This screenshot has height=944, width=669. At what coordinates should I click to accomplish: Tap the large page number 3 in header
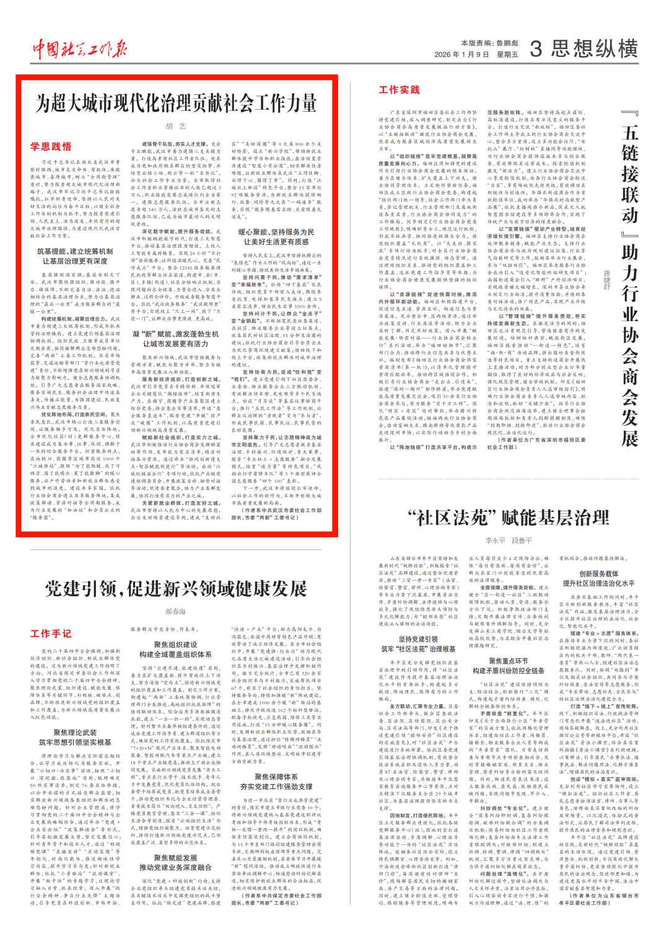[x=536, y=49]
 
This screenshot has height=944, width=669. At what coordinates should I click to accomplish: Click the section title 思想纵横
[x=594, y=49]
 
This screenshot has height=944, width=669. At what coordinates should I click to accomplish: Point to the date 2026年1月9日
[x=461, y=55]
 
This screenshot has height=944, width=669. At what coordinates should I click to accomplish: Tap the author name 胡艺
[x=176, y=126]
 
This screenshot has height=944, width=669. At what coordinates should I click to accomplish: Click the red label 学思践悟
[x=51, y=147]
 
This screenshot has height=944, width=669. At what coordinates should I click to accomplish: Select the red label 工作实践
[x=399, y=90]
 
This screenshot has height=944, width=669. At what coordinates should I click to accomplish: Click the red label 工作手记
[x=51, y=633]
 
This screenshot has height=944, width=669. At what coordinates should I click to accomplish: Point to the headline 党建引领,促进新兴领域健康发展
[x=176, y=588]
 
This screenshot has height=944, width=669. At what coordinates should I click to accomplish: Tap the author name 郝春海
[x=176, y=611]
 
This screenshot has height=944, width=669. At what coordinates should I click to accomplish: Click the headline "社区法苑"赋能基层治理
[x=508, y=518]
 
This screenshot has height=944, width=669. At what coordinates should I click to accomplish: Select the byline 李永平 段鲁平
[x=508, y=540]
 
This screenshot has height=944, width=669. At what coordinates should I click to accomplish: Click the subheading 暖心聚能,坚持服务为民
[x=276, y=232]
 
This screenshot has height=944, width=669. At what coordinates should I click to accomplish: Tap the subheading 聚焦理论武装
[x=75, y=732]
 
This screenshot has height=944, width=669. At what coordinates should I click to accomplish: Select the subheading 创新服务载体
[x=598, y=574]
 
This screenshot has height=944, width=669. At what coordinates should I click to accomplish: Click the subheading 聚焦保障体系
[x=276, y=777]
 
